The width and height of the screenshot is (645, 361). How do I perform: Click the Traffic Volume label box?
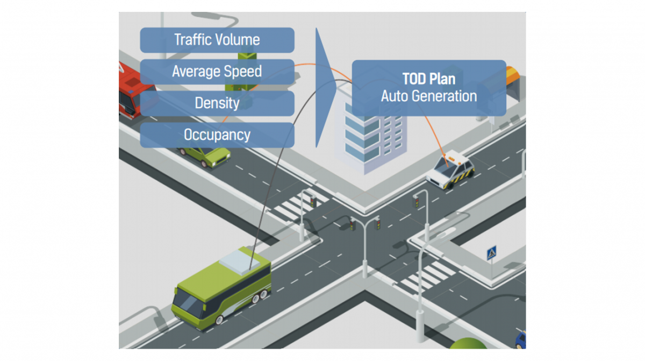(x=217, y=40)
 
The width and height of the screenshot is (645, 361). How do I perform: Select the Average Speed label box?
(x=217, y=72)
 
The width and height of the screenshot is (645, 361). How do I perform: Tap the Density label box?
(x=217, y=103)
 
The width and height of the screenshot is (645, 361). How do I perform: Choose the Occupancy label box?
(x=217, y=135)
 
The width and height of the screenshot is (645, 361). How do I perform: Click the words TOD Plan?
(x=428, y=79)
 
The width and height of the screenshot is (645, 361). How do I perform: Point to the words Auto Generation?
(x=428, y=96)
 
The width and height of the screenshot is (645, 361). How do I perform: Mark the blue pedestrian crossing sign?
(x=491, y=253)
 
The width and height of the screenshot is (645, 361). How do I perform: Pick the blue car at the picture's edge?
(x=520, y=340)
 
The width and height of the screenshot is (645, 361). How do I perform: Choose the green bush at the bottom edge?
(x=468, y=344)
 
